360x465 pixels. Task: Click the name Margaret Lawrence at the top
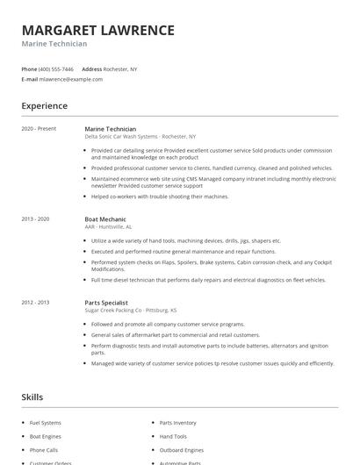point(97,30)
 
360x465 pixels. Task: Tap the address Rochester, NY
point(121,68)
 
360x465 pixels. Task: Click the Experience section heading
point(44,106)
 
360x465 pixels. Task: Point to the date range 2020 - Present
point(39,129)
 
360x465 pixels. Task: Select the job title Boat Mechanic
point(105,218)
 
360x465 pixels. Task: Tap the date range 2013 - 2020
point(36,218)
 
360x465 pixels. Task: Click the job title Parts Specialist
point(107,302)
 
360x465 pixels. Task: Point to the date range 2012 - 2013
point(36,302)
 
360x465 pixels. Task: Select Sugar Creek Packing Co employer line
point(130,310)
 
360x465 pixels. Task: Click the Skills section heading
point(32,397)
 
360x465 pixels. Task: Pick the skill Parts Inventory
point(177,423)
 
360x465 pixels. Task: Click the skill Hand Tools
point(173,436)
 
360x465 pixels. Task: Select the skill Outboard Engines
point(181,449)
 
